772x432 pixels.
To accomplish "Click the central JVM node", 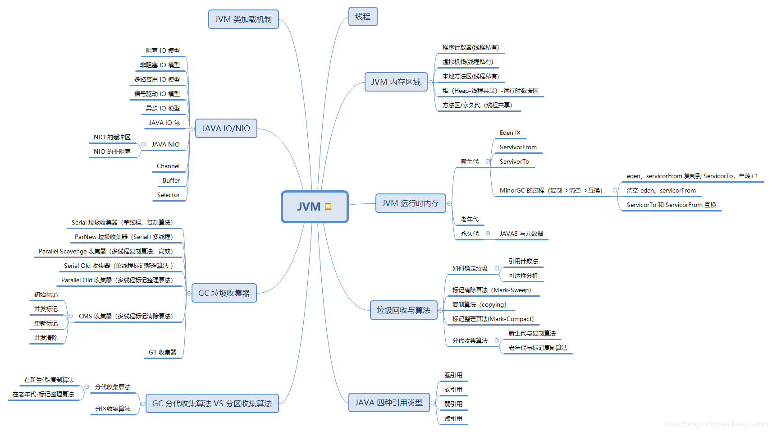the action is coord(315,207).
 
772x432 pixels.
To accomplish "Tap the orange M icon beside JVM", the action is coord(328,207).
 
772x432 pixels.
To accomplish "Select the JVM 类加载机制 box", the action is coord(243,19).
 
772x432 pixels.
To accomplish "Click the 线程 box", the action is coord(363,17).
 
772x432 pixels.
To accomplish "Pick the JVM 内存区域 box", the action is coord(396,82).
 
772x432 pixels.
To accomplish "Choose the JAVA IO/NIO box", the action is coord(226,128).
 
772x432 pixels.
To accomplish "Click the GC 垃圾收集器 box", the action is coord(224,293).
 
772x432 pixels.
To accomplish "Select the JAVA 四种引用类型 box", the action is coord(389,402).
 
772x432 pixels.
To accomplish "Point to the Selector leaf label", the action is coord(169,195).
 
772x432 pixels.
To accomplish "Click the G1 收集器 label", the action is coord(162,352).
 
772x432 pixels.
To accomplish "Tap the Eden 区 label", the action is coord(510,133).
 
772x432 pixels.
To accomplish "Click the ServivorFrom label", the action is coord(518,147).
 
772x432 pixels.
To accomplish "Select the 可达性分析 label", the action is coord(523,276).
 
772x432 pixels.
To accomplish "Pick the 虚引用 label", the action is coord(453,418).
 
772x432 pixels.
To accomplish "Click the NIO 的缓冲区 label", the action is coord(112,137).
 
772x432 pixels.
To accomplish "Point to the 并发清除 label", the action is coord(46,338).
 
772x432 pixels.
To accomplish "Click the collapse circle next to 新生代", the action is coord(488,161).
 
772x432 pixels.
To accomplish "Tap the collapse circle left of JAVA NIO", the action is coord(144,144).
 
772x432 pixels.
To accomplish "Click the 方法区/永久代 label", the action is coord(477,105).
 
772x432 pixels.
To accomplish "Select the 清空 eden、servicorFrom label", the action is coord(661,190).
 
